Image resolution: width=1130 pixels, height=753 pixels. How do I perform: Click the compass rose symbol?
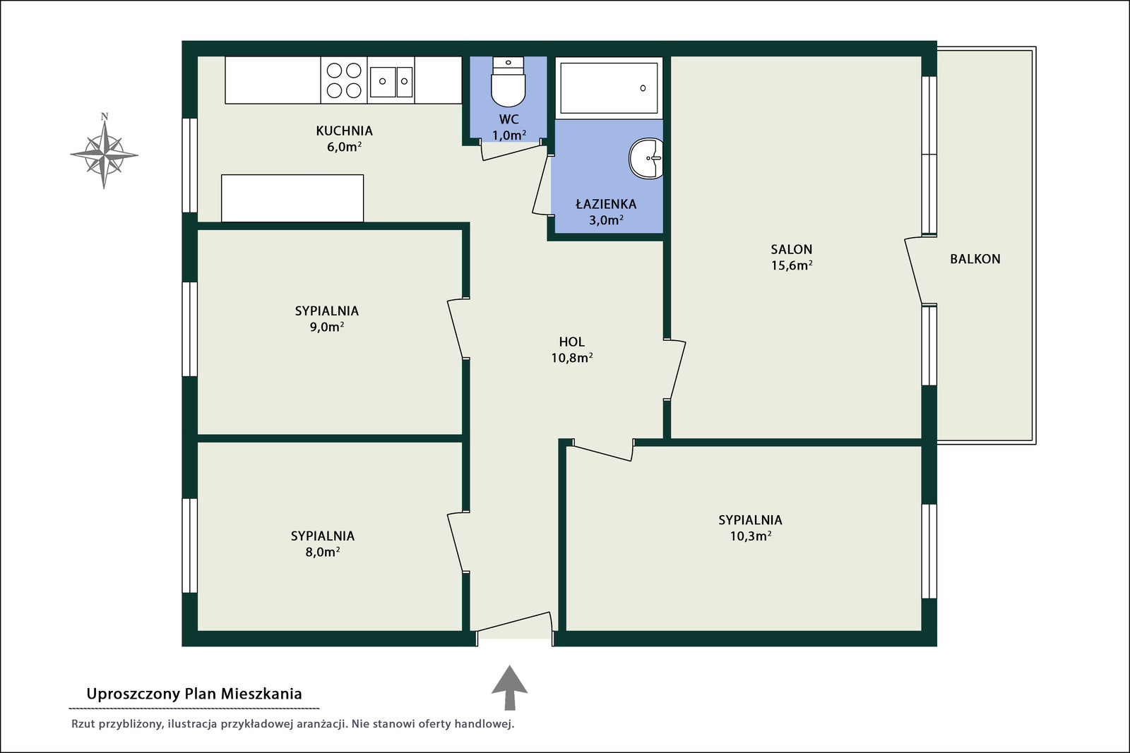[104, 155]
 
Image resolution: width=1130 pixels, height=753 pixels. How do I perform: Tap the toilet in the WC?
[508, 82]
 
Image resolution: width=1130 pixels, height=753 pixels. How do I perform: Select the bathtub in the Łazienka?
[609, 88]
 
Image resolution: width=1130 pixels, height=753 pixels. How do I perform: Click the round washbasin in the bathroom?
[646, 158]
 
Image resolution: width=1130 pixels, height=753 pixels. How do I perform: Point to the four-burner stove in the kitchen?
[343, 80]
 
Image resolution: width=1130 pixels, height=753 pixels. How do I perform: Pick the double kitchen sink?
[391, 81]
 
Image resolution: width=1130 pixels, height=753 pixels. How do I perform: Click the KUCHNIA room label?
[344, 131]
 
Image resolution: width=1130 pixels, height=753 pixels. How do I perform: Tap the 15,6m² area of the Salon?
[792, 265]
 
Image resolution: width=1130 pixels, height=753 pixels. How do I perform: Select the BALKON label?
[975, 259]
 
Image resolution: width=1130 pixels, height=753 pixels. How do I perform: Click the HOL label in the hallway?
[571, 342]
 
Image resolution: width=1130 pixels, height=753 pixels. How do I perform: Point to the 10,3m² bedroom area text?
[750, 536]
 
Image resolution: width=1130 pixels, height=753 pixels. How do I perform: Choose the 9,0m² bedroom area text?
[326, 327]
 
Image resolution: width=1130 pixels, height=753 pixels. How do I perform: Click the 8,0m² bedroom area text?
[322, 552]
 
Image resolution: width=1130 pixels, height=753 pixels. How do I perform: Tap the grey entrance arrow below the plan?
[509, 687]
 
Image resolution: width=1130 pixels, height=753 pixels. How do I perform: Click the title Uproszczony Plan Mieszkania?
[194, 694]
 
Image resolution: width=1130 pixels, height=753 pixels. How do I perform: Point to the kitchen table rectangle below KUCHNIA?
[292, 198]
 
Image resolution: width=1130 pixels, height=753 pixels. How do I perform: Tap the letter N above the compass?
[105, 116]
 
